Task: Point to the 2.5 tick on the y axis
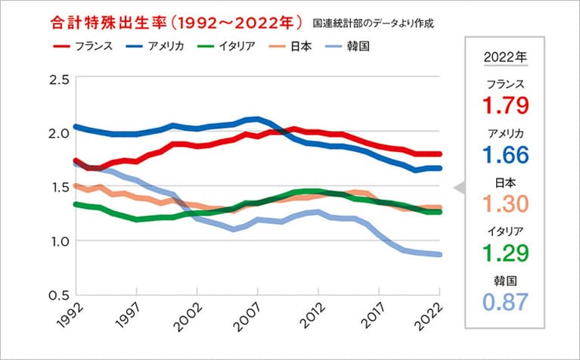pyautogui.click(x=59, y=79)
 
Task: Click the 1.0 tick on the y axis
pyautogui.click(x=59, y=241)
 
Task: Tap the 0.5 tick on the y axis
pyautogui.click(x=59, y=294)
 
